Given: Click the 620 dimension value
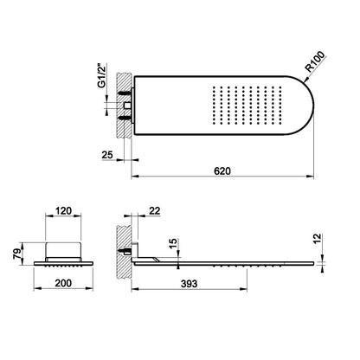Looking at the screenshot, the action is tap(222, 171).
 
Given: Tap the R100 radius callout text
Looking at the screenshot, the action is tap(315, 62).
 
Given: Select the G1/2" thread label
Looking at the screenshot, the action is tap(101, 75).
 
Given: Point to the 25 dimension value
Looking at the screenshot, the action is tap(107, 155).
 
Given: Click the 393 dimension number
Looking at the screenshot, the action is tap(189, 284).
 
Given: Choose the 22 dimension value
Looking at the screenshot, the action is tap(155, 211).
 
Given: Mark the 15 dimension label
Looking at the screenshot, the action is tap(174, 244).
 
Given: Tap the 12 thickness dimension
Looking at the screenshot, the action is tap(317, 239).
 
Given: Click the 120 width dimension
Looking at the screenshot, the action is tap(63, 211).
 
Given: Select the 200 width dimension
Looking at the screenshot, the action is tap(63, 283).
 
